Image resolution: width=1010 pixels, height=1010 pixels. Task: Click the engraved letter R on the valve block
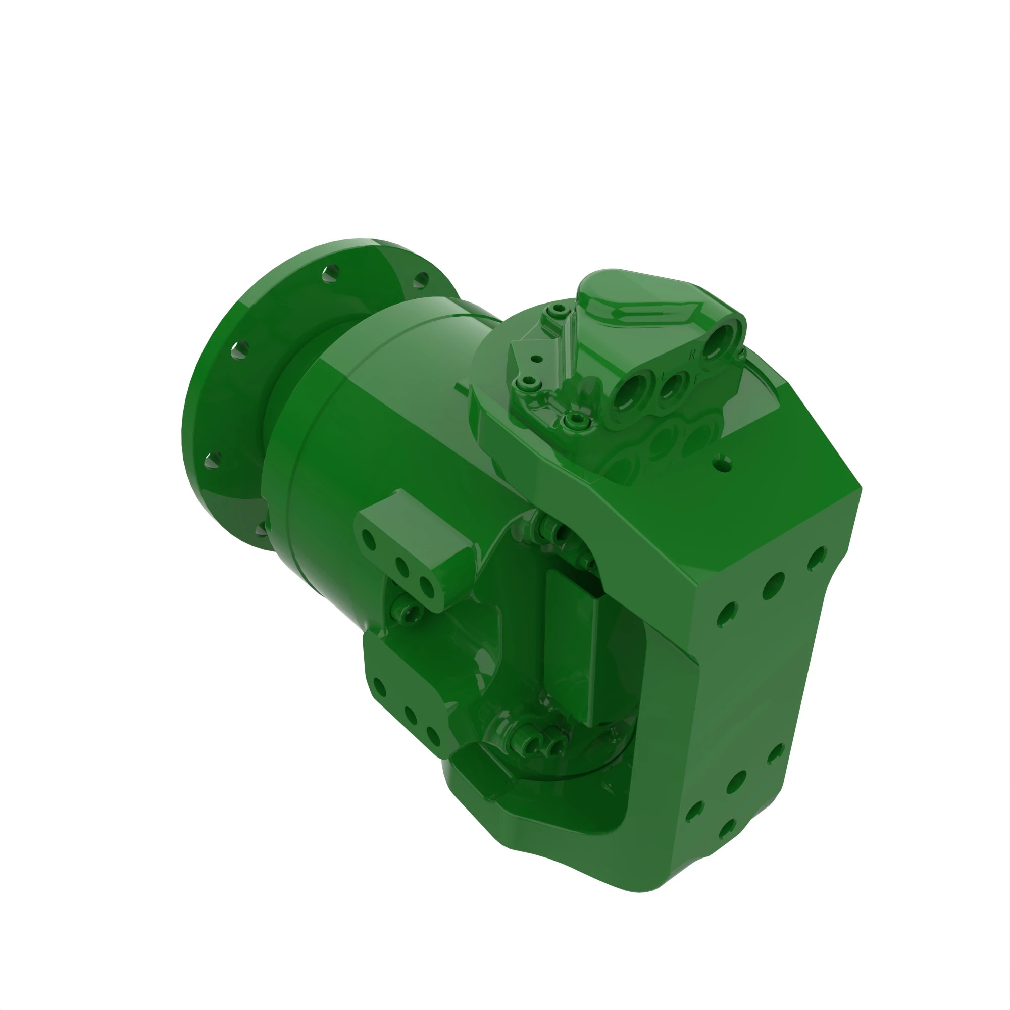[x=692, y=356]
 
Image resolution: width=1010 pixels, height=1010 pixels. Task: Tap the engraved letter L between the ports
[x=664, y=376]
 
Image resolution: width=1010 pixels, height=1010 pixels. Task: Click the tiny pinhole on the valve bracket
[x=536, y=359]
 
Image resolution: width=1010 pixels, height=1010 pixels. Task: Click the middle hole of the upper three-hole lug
[x=401, y=567]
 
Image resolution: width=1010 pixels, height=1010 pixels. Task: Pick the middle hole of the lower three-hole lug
[x=411, y=716]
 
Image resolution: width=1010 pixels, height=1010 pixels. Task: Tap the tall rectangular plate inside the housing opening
[x=573, y=645]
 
